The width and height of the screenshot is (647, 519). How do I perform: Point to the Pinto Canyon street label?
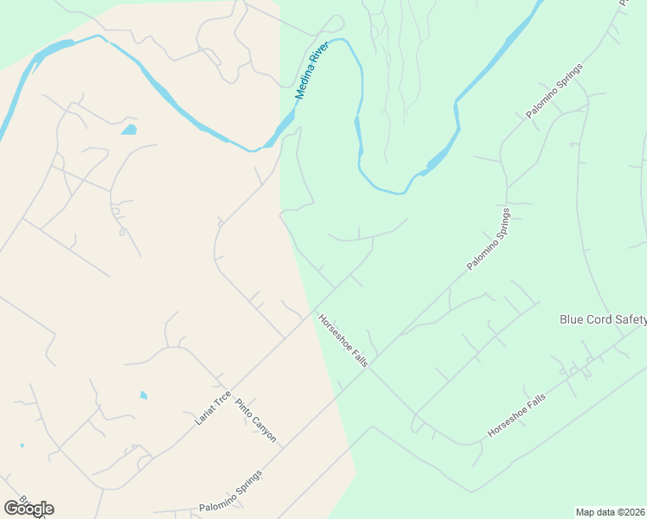[x=255, y=421]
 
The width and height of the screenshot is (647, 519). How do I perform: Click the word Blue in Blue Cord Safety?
[x=572, y=320]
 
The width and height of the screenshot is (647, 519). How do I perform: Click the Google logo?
[x=29, y=509]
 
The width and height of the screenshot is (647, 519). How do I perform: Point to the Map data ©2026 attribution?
[x=608, y=512]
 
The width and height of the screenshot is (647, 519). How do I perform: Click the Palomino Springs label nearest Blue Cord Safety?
[x=490, y=240]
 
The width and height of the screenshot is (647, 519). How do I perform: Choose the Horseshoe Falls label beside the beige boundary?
[x=343, y=340]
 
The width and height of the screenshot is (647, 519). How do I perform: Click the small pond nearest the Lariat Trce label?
[x=144, y=395]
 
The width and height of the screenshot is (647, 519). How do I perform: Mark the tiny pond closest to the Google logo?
[x=22, y=446]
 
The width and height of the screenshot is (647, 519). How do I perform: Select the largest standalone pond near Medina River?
[x=129, y=130]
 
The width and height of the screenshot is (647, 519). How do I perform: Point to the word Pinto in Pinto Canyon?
[x=243, y=408]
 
